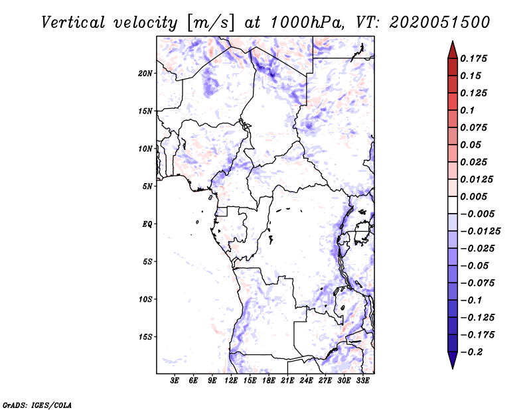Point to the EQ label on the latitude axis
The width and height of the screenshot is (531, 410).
coord(148,224)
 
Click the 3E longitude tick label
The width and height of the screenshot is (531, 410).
coord(175,381)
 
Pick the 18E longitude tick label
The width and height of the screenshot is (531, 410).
coord(269,381)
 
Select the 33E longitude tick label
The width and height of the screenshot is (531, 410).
coord(362,381)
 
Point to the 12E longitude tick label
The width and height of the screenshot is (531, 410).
coord(232,381)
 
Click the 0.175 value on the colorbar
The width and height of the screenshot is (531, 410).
coord(474,58)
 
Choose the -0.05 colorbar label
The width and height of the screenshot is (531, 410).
coord(474,266)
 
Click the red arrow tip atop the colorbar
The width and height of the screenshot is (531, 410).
coord(452,47)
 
